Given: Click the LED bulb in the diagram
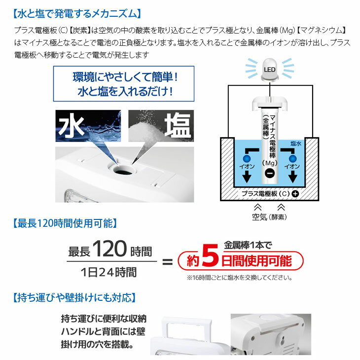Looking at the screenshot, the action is [x=270, y=70].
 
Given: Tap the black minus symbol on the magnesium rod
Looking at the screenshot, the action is [x=270, y=173].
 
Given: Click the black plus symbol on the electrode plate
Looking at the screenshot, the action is [x=295, y=194].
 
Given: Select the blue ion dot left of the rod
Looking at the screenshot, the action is [x=247, y=159].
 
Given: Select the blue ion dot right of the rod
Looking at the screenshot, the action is [x=292, y=159].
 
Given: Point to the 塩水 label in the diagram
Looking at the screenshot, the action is [x=296, y=144].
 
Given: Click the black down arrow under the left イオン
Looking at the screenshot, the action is [x=247, y=177].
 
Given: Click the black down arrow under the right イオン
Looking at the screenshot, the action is [x=293, y=177].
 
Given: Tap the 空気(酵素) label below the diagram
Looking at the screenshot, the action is [x=269, y=216].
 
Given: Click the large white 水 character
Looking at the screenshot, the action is [x=71, y=126].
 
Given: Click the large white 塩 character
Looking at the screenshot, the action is [x=178, y=125].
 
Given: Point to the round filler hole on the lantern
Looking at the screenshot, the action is [x=123, y=170].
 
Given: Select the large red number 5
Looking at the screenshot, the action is [x=210, y=255].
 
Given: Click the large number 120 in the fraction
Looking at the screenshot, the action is [x=110, y=249].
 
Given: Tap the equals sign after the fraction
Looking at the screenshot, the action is [x=167, y=262].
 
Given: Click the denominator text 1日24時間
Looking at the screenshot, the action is [x=108, y=272].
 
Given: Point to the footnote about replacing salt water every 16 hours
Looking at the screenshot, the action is [x=239, y=278].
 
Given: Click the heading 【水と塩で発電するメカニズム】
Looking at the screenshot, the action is [x=76, y=13].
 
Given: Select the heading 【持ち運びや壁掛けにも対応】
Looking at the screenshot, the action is [x=74, y=297].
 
